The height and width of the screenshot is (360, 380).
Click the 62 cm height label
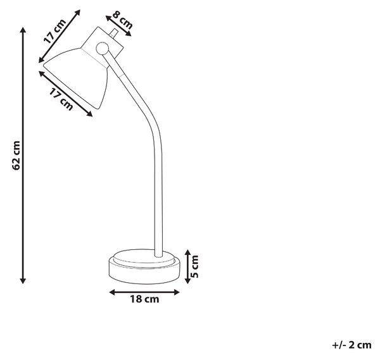click(x=16, y=155)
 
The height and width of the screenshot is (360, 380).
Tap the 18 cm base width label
click(x=144, y=299)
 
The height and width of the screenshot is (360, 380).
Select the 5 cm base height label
click(x=194, y=266)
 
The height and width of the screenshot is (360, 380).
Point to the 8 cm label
click(x=123, y=20)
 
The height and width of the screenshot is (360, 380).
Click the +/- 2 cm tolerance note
click(x=351, y=345)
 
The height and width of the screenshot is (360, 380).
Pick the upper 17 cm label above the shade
click(x=54, y=31)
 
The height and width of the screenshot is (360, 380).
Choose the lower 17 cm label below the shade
click(x=61, y=99)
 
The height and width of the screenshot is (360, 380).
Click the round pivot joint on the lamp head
click(x=102, y=49)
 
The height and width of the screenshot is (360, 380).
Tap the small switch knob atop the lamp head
click(x=113, y=33)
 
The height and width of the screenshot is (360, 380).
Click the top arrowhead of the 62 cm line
click(x=23, y=30)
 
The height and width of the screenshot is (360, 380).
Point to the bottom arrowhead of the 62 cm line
click(x=23, y=281)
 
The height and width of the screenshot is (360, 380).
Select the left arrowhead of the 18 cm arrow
click(x=112, y=292)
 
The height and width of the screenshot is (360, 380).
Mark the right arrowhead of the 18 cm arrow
click(x=177, y=292)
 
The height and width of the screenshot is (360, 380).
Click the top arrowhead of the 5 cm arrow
click(x=187, y=252)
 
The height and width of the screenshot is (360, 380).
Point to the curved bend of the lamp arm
click(x=149, y=123)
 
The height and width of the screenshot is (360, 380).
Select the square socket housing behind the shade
click(x=102, y=43)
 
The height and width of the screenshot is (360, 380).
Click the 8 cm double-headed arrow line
click(x=118, y=26)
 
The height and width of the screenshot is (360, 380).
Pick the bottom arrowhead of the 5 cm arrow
click(x=187, y=281)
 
